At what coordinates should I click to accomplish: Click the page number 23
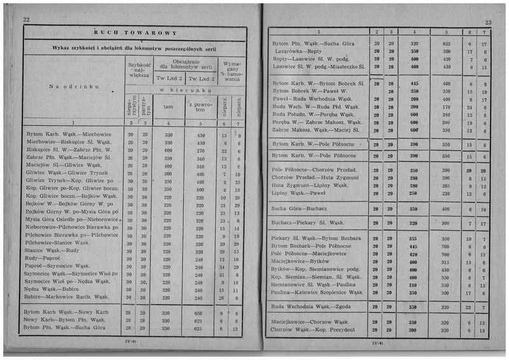tap(487, 21)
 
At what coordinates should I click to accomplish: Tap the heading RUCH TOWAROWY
tap(135, 32)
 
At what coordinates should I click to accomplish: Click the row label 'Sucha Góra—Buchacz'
tap(299, 208)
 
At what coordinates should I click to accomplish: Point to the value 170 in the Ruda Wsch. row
tap(446, 107)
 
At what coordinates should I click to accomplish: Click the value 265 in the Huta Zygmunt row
tap(446, 186)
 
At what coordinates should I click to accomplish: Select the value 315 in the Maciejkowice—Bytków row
tap(446, 262)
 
